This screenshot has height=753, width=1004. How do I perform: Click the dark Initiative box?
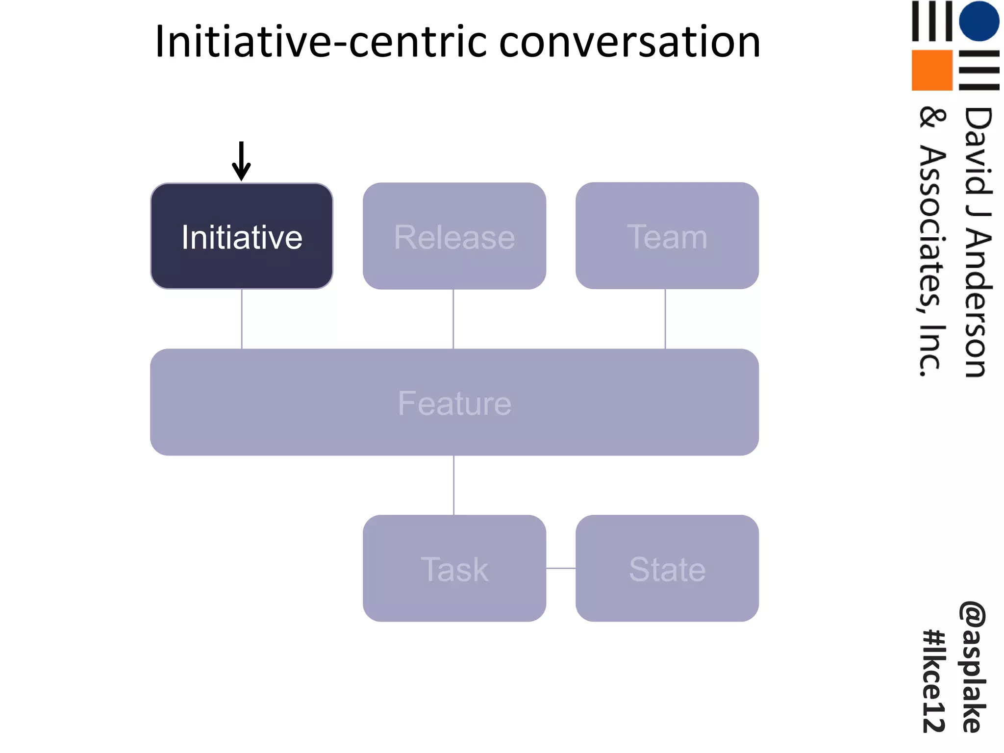tap(242, 236)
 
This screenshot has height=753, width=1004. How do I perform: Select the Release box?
tap(454, 236)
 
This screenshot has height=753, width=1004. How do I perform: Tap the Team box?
tap(667, 236)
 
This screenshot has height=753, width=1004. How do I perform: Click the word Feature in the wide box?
tap(454, 403)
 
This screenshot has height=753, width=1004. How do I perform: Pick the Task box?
tap(454, 569)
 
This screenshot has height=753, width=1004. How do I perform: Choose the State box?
tap(667, 569)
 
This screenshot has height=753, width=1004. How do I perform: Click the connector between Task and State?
tap(561, 569)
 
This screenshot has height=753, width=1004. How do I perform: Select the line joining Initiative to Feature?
tap(242, 319)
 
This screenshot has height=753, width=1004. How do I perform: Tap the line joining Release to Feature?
tap(453, 319)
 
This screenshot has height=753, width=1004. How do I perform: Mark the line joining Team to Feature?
tap(665, 319)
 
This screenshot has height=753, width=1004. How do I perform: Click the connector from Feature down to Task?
tap(454, 485)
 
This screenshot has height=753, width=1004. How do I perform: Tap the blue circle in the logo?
tap(979, 21)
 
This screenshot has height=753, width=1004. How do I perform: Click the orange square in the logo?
tap(931, 70)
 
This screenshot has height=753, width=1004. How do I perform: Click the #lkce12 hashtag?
tap(933, 681)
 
